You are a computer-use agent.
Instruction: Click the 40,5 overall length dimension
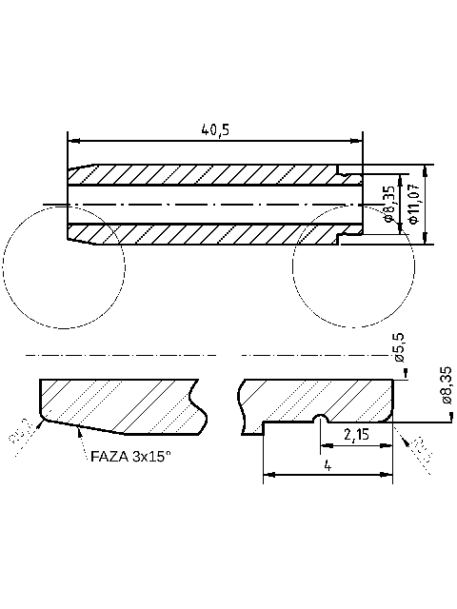point(214,129)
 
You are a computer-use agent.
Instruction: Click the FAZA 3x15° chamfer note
point(130,456)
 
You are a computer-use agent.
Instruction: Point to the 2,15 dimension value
point(356,435)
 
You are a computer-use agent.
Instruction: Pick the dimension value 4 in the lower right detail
point(328,466)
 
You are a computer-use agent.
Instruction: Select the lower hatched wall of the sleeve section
point(209,234)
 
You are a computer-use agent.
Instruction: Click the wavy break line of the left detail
point(200,404)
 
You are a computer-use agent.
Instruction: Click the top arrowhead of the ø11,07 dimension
point(423,171)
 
